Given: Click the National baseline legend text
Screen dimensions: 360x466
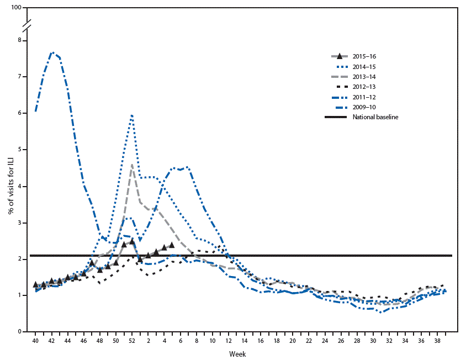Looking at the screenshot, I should pyautogui.click(x=379, y=117).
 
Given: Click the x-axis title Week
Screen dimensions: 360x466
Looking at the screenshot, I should pyautogui.click(x=239, y=353).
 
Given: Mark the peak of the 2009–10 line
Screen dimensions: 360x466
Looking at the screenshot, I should pyautogui.click(x=52, y=52).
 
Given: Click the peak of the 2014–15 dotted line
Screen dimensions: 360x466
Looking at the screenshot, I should pyautogui.click(x=132, y=115).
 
